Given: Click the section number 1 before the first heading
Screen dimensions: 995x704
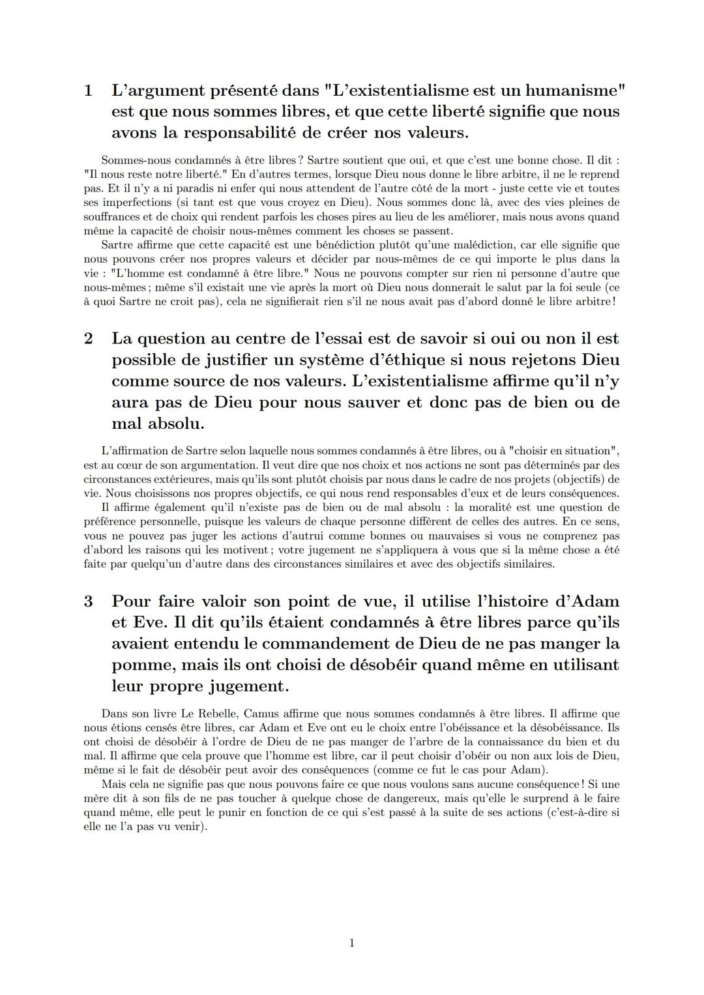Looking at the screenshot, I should tap(88, 91).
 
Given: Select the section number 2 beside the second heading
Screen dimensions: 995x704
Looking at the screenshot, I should tap(88, 339).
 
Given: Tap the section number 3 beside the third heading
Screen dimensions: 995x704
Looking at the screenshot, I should tap(88, 601).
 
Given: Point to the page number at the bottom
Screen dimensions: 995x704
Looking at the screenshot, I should tap(352, 943).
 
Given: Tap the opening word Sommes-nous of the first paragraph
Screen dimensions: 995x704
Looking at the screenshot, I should tap(134, 160).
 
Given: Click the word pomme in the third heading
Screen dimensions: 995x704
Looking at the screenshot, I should tap(143, 665).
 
